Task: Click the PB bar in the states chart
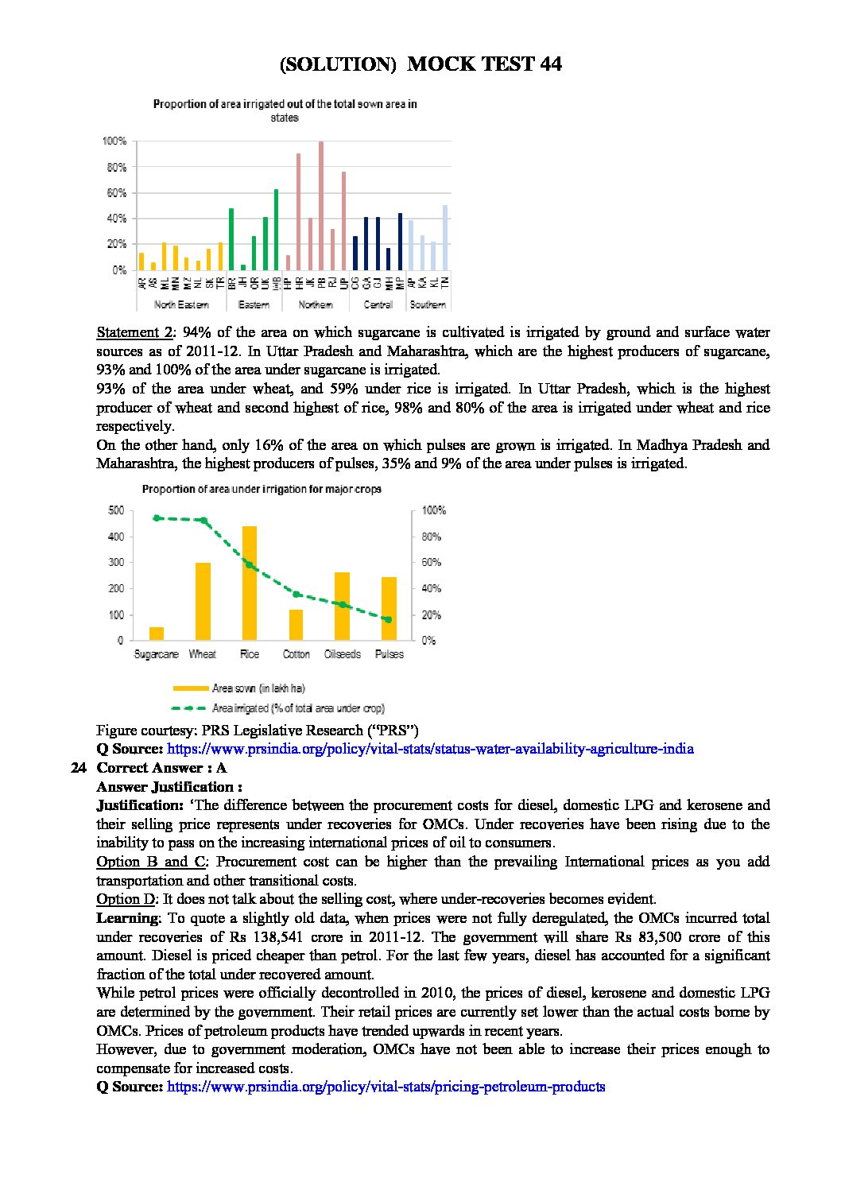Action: pyautogui.click(x=321, y=206)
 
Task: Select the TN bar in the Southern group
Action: pyautogui.click(x=445, y=238)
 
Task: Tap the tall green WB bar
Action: pyautogui.click(x=276, y=230)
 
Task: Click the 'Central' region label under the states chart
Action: pyautogui.click(x=378, y=304)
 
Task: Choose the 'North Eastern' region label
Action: pyautogui.click(x=181, y=304)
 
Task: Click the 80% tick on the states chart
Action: pyautogui.click(x=114, y=168)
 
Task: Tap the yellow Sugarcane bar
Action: pyautogui.click(x=157, y=634)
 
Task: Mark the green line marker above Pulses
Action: pyautogui.click(x=389, y=619)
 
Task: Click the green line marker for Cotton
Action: pyautogui.click(x=296, y=594)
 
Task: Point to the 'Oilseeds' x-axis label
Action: pyautogui.click(x=343, y=654)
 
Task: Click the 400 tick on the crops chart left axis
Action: pyautogui.click(x=116, y=537)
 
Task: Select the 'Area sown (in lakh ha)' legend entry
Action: pyautogui.click(x=258, y=688)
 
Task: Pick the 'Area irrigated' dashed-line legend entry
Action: pyautogui.click(x=297, y=707)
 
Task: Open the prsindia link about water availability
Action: pyautogui.click(x=428, y=749)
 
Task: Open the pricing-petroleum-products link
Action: pyautogui.click(x=386, y=1087)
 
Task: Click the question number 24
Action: pyautogui.click(x=77, y=768)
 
